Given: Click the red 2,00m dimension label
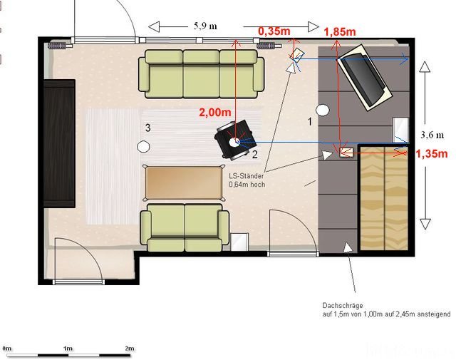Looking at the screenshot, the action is click(x=215, y=112).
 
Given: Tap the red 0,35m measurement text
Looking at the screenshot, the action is click(x=274, y=31).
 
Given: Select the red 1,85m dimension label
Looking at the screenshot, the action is click(x=340, y=31).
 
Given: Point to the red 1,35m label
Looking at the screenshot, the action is click(x=432, y=154).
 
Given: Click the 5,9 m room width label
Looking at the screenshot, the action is click(x=205, y=26).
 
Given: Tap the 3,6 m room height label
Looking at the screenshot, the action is click(x=432, y=135).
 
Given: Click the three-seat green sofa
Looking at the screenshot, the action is click(x=201, y=74).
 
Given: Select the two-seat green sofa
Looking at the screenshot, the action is click(x=185, y=227).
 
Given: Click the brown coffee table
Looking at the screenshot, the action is click(x=184, y=182).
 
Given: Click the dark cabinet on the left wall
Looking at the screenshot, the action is click(x=59, y=143).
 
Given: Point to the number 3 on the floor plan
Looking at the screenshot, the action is click(x=148, y=128).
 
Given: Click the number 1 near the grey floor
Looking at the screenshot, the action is click(x=310, y=122).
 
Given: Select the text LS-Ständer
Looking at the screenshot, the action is click(x=247, y=176).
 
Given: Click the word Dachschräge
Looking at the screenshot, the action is click(x=343, y=306).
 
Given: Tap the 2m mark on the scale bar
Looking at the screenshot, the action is click(x=130, y=349).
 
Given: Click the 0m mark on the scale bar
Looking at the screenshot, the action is click(x=7, y=349).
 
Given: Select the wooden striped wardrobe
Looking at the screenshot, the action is click(x=384, y=198).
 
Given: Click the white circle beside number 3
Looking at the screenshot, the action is click(x=143, y=146).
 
